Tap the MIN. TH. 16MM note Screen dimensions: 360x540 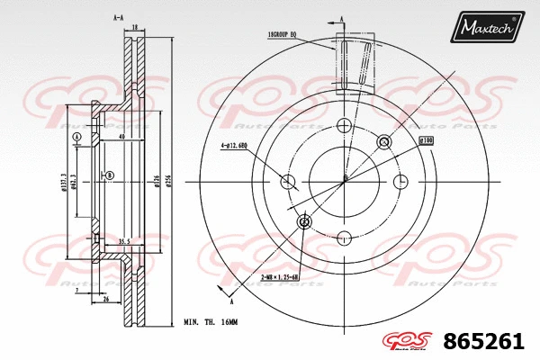click(x=211, y=321)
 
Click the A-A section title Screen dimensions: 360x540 click(x=118, y=18)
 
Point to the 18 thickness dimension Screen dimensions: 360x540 click(x=134, y=29)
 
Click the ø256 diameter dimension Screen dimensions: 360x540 click(x=169, y=180)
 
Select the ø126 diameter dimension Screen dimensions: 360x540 click(x=156, y=180)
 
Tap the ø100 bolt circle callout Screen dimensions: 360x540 click(x=427, y=141)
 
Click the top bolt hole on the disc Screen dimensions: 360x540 click(x=345, y=126)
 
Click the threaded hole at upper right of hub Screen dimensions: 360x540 click(x=385, y=141)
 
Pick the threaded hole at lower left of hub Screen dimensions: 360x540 click(x=304, y=221)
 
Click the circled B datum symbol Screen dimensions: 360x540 click(x=110, y=175)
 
